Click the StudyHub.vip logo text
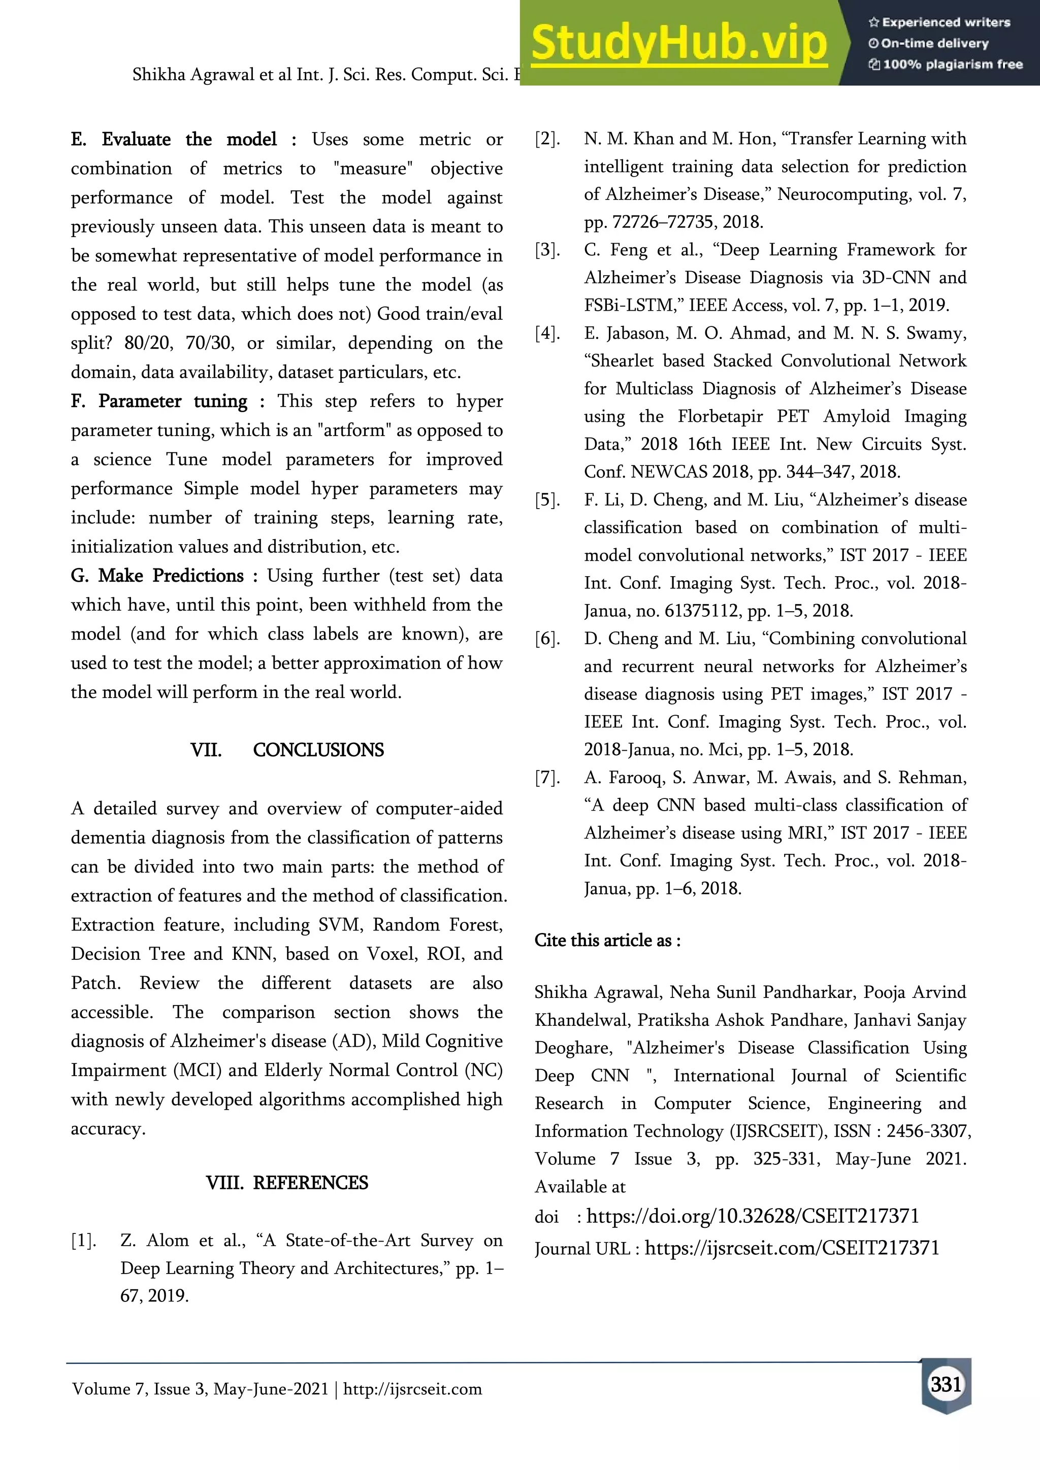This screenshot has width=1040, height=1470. click(x=679, y=44)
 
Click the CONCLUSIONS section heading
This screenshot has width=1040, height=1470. click(x=318, y=750)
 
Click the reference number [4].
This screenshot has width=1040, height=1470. click(x=547, y=333)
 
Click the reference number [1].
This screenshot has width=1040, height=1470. click(x=83, y=1240)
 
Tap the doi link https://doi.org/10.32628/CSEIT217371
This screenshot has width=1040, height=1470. click(x=753, y=1216)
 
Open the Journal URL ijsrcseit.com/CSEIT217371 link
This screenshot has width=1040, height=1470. click(x=792, y=1247)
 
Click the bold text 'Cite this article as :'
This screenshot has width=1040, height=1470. click(x=607, y=941)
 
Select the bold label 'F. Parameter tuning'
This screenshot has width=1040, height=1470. click(x=159, y=402)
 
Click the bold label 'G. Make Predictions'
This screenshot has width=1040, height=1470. click(x=157, y=576)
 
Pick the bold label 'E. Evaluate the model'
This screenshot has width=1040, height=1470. click(x=174, y=140)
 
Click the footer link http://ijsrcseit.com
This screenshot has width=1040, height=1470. click(x=412, y=1389)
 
